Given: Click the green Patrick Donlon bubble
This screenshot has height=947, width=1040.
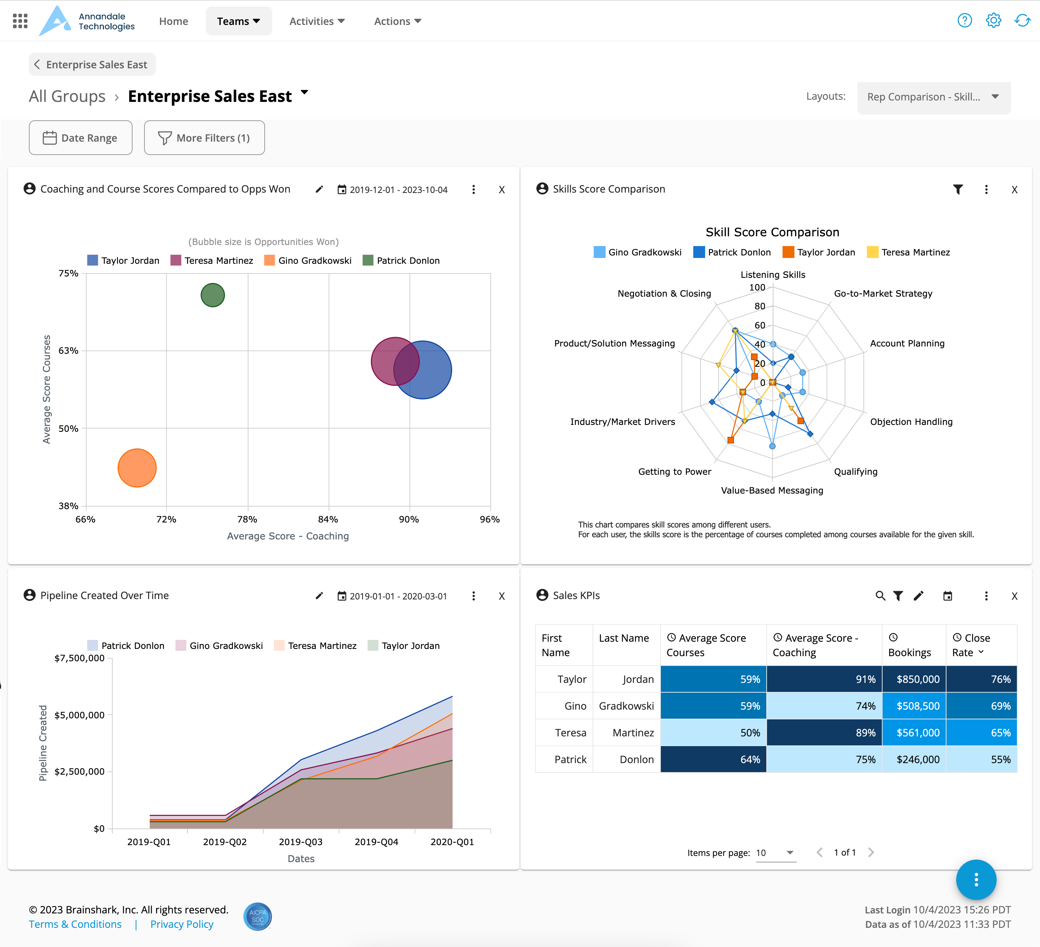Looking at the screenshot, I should coord(213,295).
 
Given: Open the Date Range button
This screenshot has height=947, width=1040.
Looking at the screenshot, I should coord(81,138).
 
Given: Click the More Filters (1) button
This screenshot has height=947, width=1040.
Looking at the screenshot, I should coord(204,138).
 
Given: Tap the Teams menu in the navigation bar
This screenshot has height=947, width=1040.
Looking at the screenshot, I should coord(238,21).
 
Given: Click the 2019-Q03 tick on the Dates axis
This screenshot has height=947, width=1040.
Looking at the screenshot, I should coord(301,842).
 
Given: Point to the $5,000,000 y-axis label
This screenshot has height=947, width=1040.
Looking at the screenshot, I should coord(79,715).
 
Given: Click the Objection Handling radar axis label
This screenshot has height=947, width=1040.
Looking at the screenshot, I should coord(911,422).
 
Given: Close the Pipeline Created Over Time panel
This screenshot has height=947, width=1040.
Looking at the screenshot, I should coord(502,596).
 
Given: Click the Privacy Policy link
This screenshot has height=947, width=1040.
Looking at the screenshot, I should coord(182,924).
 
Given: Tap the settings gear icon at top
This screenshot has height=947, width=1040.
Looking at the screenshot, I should coord(993,21).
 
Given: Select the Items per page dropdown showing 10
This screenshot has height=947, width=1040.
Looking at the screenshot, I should coord(775,853).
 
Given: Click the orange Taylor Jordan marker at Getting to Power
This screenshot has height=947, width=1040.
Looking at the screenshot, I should coord(731,440).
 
